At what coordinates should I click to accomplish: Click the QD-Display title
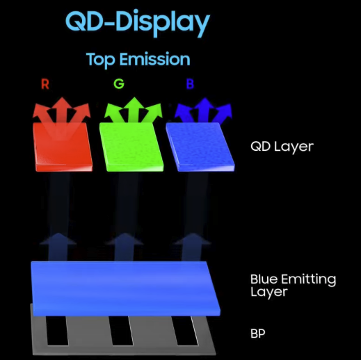pos(138,23)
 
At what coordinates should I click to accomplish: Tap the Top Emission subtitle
pos(138,60)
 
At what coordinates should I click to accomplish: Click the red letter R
pos(45,84)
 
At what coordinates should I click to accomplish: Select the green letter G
pos(119,84)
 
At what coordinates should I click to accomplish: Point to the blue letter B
pos(190,84)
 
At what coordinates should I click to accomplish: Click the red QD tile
pos(63,147)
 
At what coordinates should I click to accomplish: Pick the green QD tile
pos(131,147)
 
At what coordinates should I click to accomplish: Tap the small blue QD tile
pos(200,147)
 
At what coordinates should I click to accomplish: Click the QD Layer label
pos(282,147)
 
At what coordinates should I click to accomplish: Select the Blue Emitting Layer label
pos(293,286)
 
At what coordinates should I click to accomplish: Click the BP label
pos(257,334)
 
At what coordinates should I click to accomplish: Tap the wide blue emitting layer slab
pos(125,288)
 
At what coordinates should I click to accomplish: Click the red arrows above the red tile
pos(62,110)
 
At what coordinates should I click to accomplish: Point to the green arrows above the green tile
pos(134,110)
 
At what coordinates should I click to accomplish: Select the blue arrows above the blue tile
pos(204,111)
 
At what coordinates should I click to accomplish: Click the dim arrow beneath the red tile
pos(58,247)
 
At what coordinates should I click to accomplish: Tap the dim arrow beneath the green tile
pos(125,247)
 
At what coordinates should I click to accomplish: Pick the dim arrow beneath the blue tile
pos(192,247)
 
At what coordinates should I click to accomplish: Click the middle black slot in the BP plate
pos(120,331)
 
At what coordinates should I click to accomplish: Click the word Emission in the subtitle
pos(155,59)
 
